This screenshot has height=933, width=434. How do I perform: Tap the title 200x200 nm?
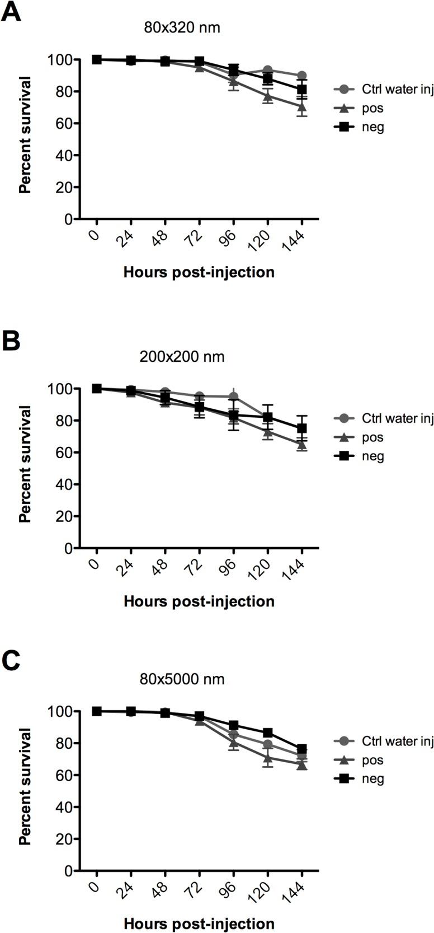tap(182, 356)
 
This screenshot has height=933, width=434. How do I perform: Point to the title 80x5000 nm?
tap(182, 679)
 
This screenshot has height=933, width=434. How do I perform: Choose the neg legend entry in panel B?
tap(373, 456)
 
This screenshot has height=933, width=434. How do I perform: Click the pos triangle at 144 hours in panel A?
tap(302, 106)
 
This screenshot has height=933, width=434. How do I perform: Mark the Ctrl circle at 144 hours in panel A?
tap(302, 76)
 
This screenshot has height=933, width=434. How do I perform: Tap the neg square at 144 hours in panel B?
tap(302, 428)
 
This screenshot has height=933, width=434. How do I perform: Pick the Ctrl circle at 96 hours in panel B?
tap(234, 397)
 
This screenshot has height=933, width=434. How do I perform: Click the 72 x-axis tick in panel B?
tap(198, 565)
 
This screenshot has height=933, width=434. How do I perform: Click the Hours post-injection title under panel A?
tap(199, 272)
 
